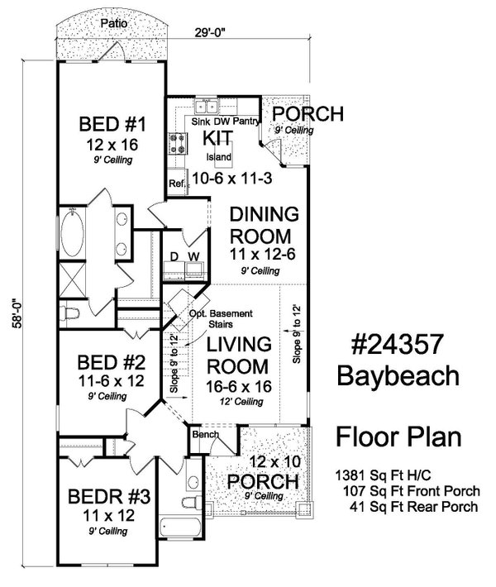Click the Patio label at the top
point(114,23)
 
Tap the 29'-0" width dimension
point(209,32)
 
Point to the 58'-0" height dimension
point(17,313)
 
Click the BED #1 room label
point(112,124)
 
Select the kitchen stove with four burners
point(178,144)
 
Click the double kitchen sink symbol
point(207,107)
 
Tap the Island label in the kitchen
point(218,157)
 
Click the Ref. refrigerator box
point(177,183)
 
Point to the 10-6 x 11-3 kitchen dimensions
point(232,179)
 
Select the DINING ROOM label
point(265,226)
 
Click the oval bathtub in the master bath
point(72,233)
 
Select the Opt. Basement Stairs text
point(221,318)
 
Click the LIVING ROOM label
point(238,356)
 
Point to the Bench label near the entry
point(206,434)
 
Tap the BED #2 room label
point(111,362)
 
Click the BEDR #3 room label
point(109,497)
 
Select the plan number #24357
point(398,344)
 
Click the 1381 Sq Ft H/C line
point(383,475)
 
